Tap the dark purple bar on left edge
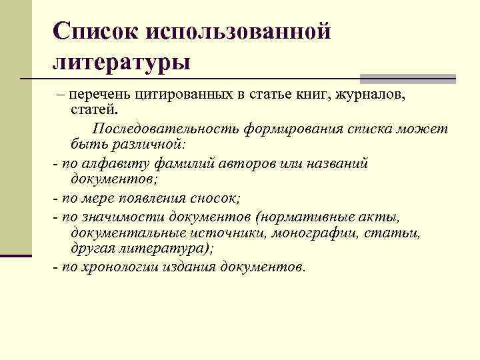(16, 255)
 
